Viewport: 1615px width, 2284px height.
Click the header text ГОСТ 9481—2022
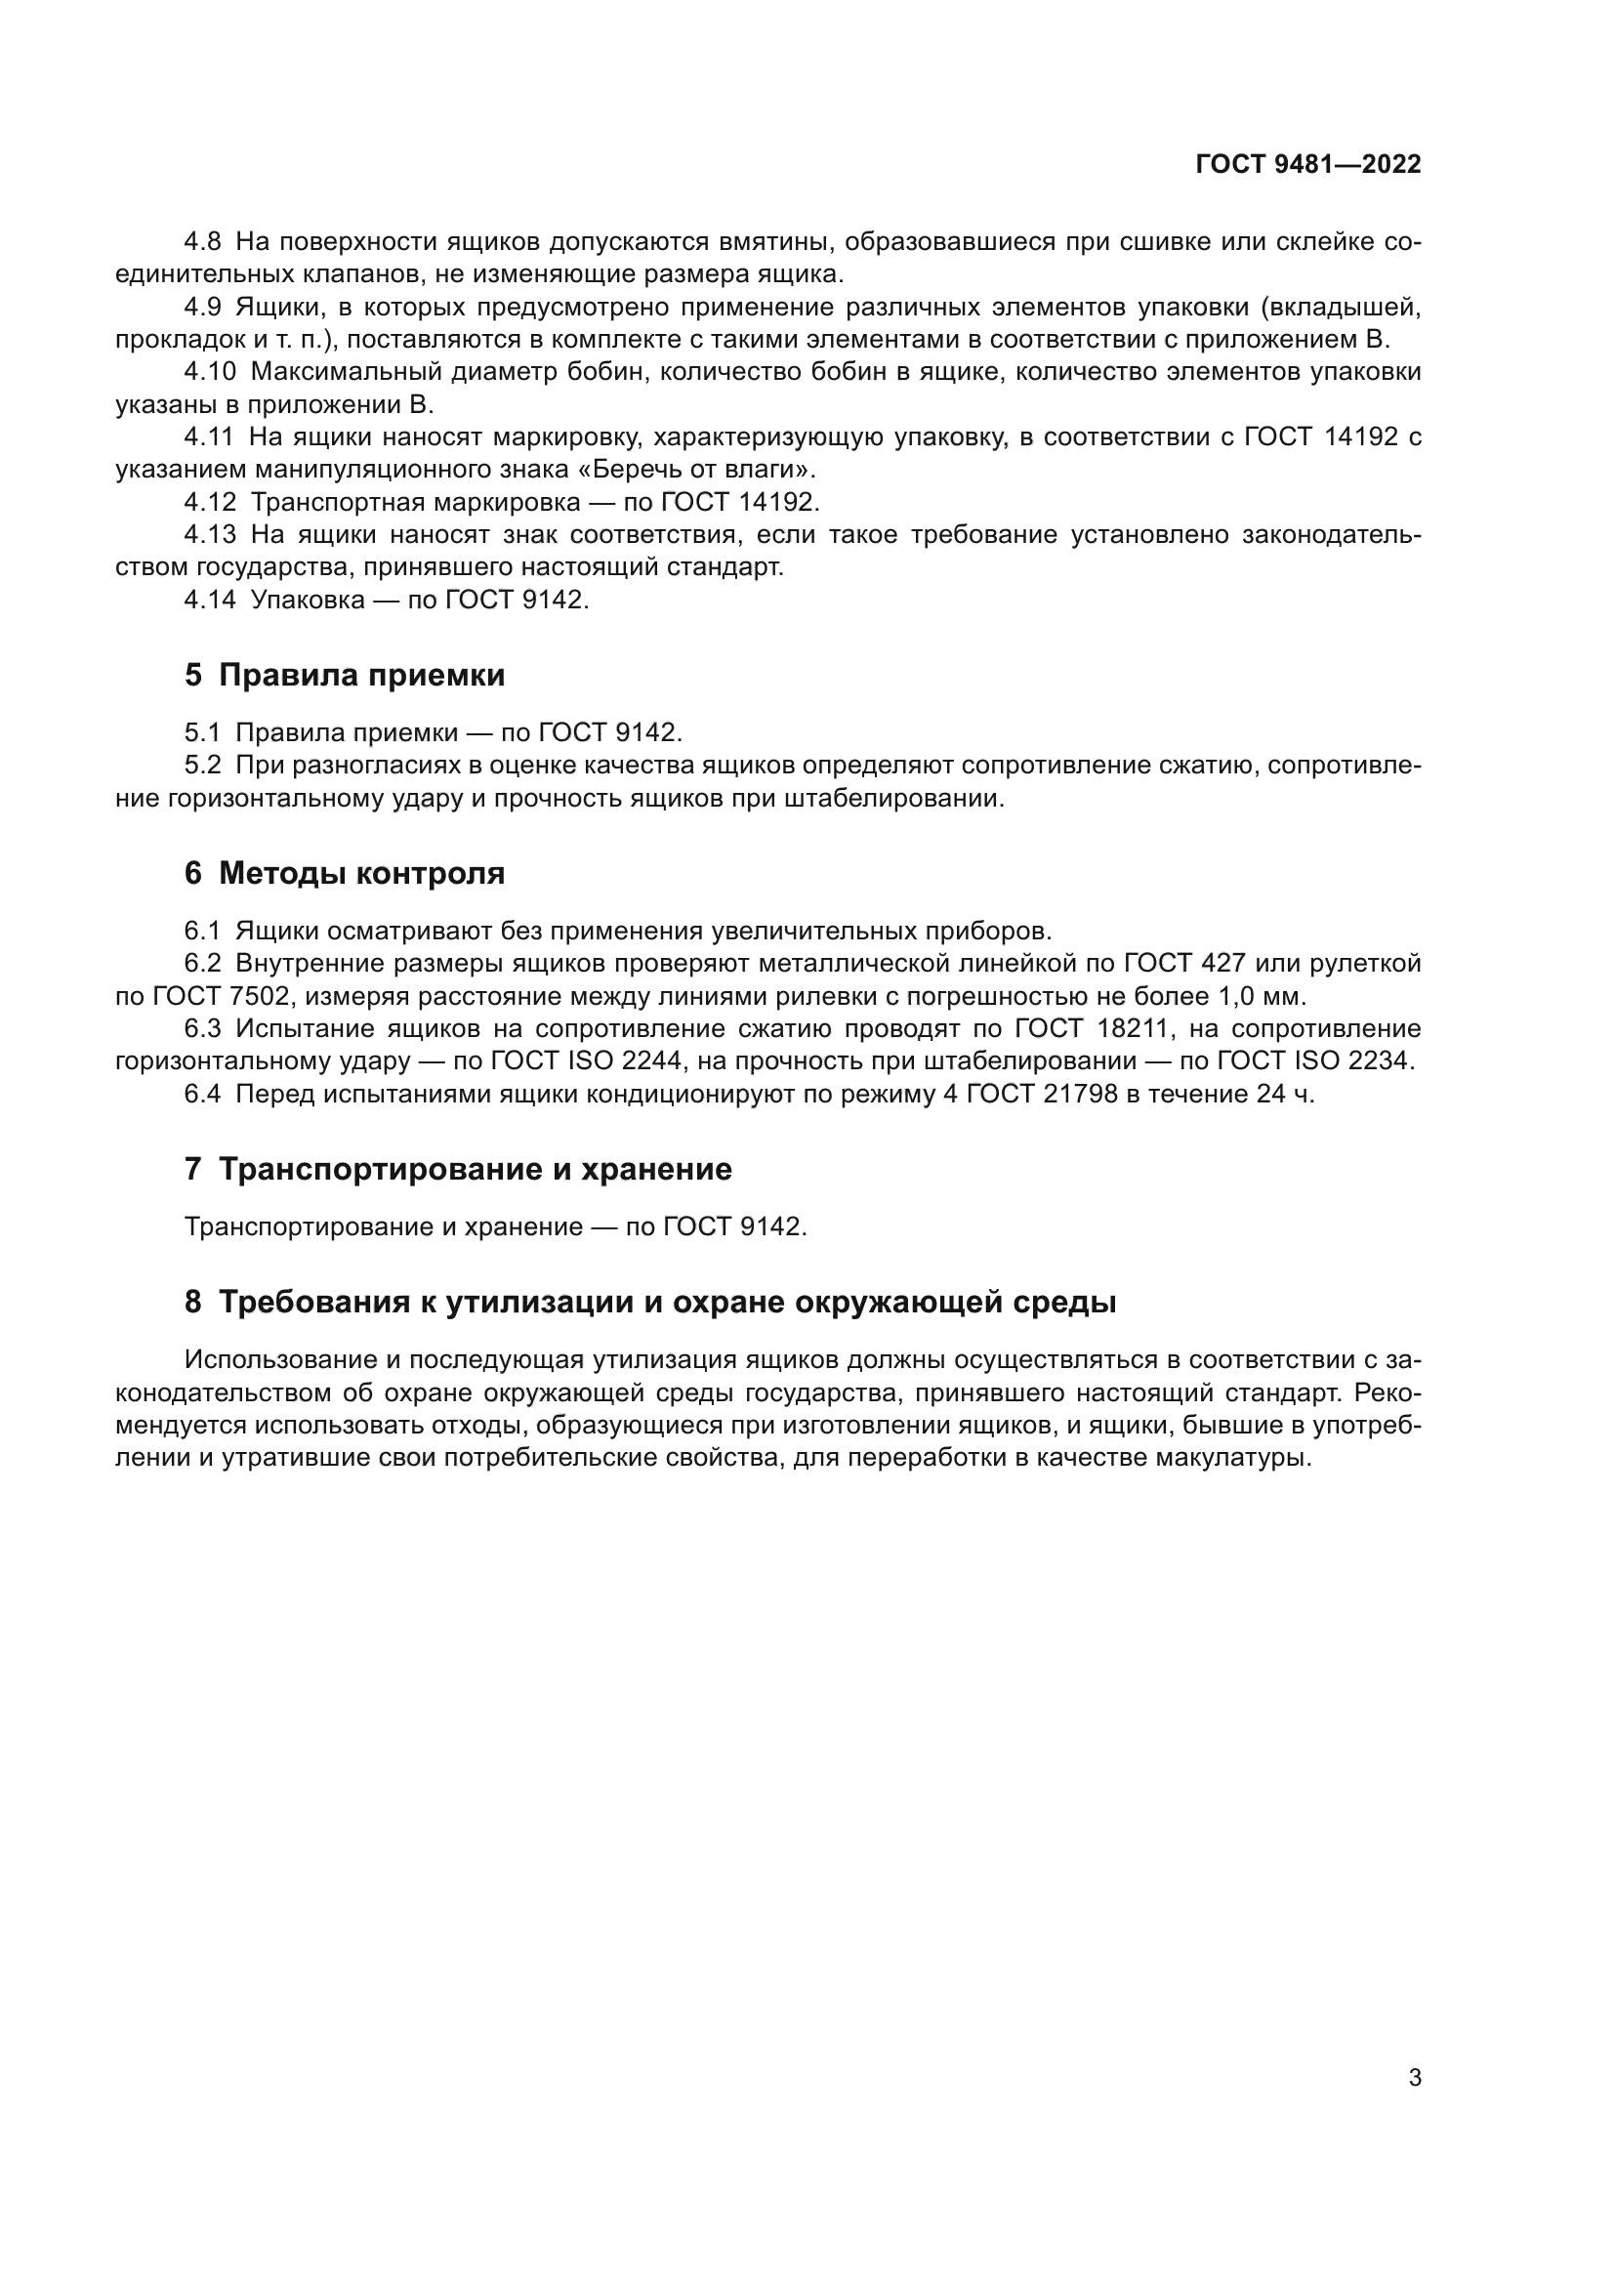1307,164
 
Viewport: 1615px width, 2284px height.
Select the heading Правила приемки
361,676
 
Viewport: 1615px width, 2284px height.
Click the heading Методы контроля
361,873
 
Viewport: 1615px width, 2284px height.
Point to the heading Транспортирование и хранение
475,1169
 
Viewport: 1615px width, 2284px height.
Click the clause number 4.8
203,242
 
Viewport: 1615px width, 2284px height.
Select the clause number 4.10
210,372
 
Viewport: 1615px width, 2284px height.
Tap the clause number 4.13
210,535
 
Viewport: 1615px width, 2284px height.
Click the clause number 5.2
202,766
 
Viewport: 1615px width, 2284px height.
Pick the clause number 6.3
202,1028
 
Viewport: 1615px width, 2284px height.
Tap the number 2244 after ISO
652,1061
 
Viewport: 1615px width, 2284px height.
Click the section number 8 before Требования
193,1303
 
